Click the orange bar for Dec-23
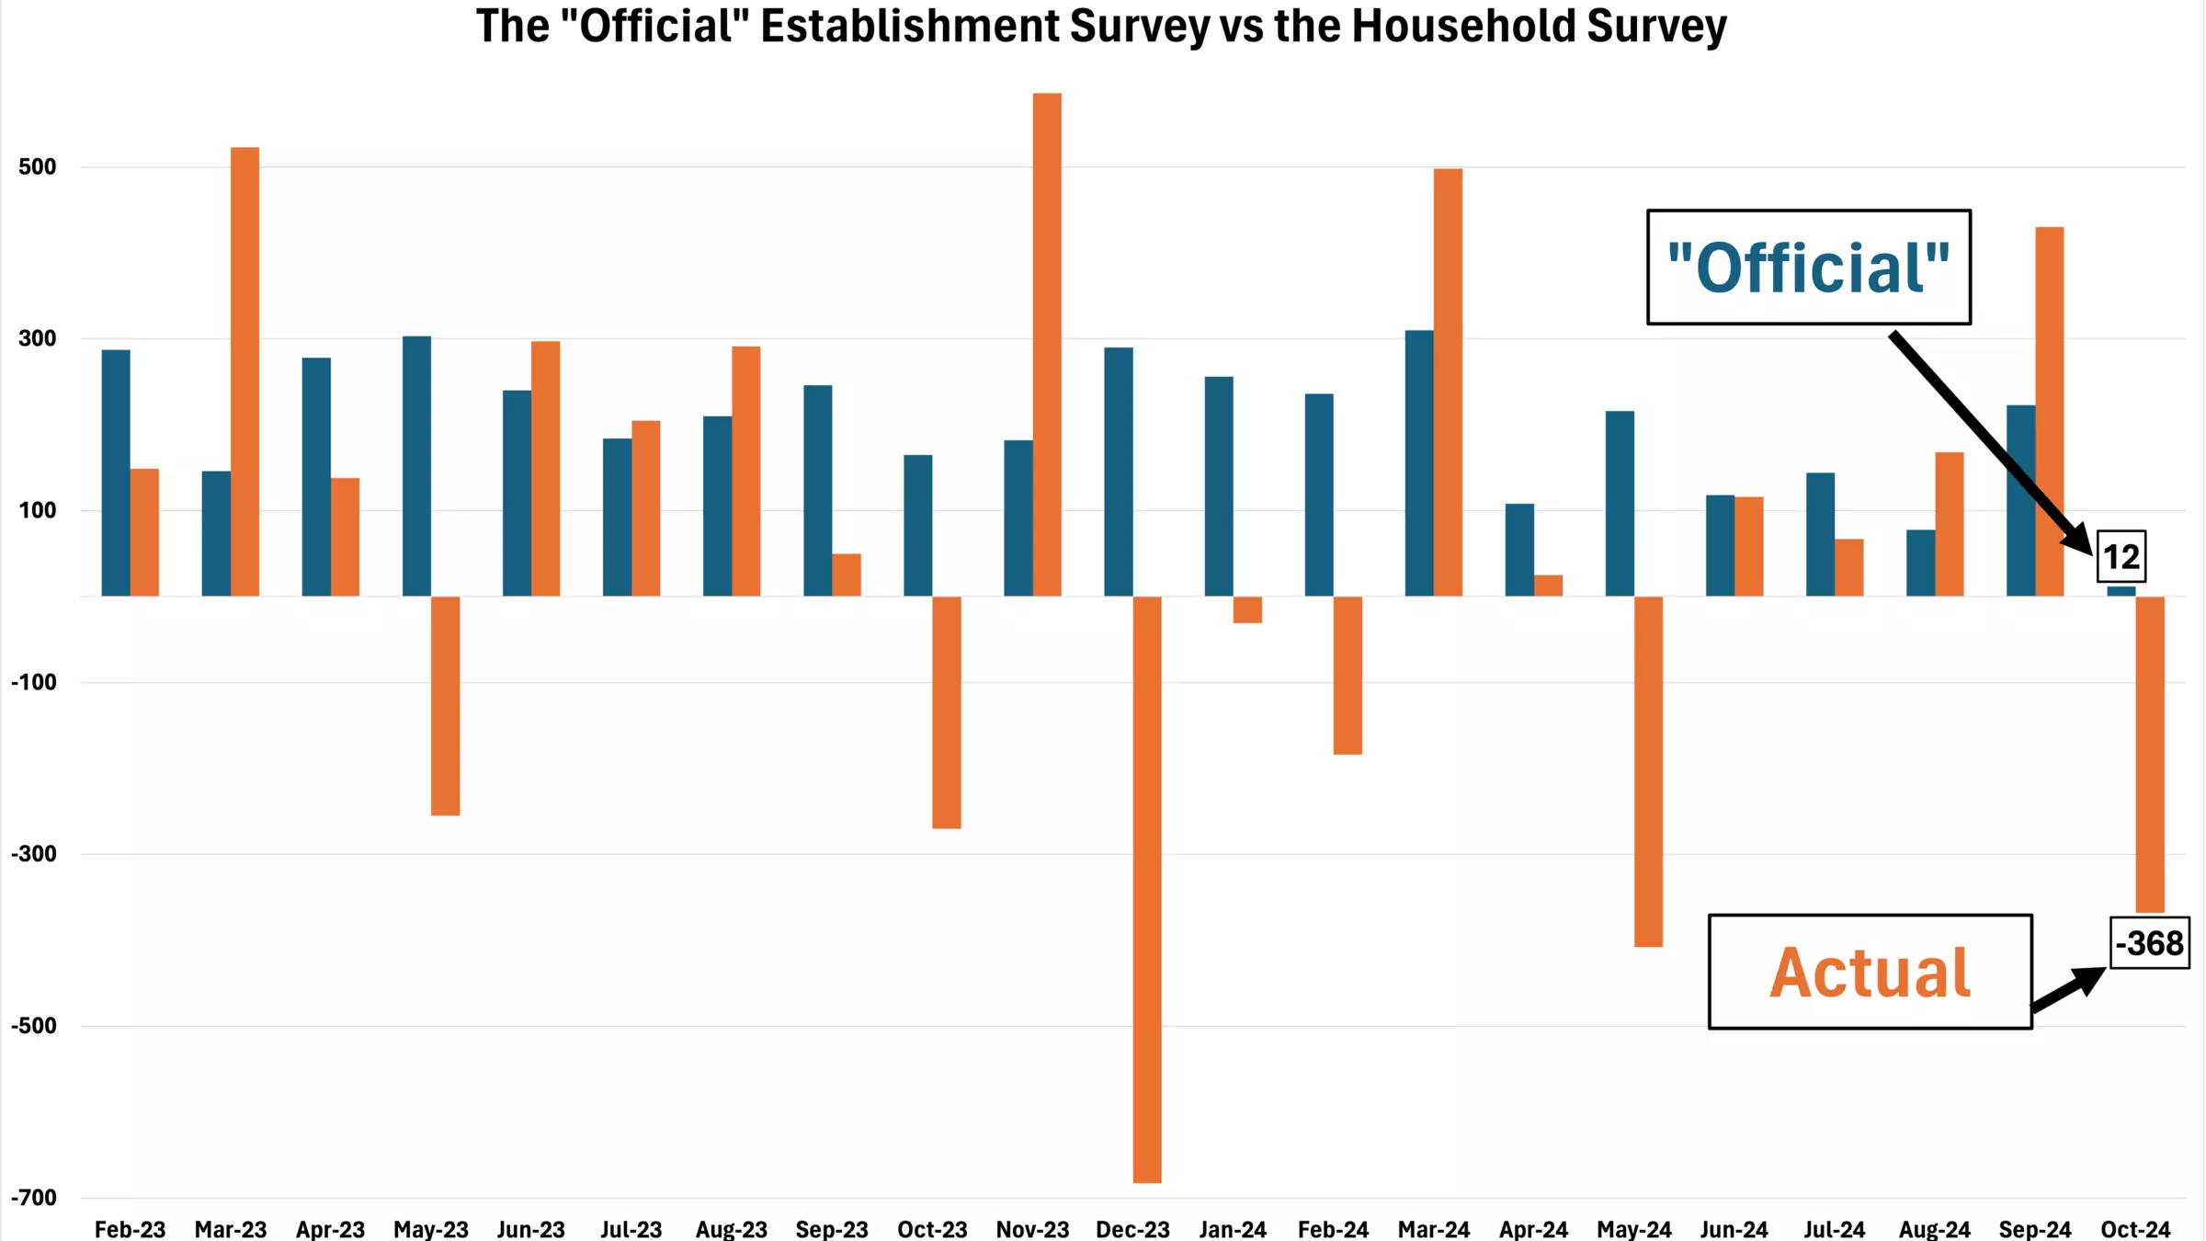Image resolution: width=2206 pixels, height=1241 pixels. [x=1147, y=889]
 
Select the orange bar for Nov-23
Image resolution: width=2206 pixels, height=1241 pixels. [x=1047, y=345]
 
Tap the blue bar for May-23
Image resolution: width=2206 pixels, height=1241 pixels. [x=416, y=466]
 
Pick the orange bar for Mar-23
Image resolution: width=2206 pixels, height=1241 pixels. [x=244, y=371]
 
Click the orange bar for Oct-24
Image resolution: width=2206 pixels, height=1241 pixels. [x=2150, y=754]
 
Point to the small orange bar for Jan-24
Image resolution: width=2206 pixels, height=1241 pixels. [x=1247, y=609]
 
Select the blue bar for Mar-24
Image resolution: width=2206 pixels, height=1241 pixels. [x=1419, y=463]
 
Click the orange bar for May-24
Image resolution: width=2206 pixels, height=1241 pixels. [x=1648, y=771]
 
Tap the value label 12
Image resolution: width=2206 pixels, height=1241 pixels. [x=2121, y=557]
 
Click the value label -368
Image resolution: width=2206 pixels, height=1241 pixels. [x=2149, y=943]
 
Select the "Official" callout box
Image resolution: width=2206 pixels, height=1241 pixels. [x=1808, y=268]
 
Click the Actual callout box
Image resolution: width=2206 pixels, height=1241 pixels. [x=1870, y=972]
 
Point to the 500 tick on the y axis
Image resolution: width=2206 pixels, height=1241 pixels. [x=38, y=167]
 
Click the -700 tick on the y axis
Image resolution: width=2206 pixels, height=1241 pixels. [x=34, y=1198]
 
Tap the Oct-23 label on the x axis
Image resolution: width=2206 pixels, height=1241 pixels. [x=932, y=1229]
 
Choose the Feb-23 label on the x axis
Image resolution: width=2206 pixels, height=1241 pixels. [x=130, y=1229]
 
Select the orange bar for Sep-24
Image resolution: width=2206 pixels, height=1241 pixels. [x=2050, y=412]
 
